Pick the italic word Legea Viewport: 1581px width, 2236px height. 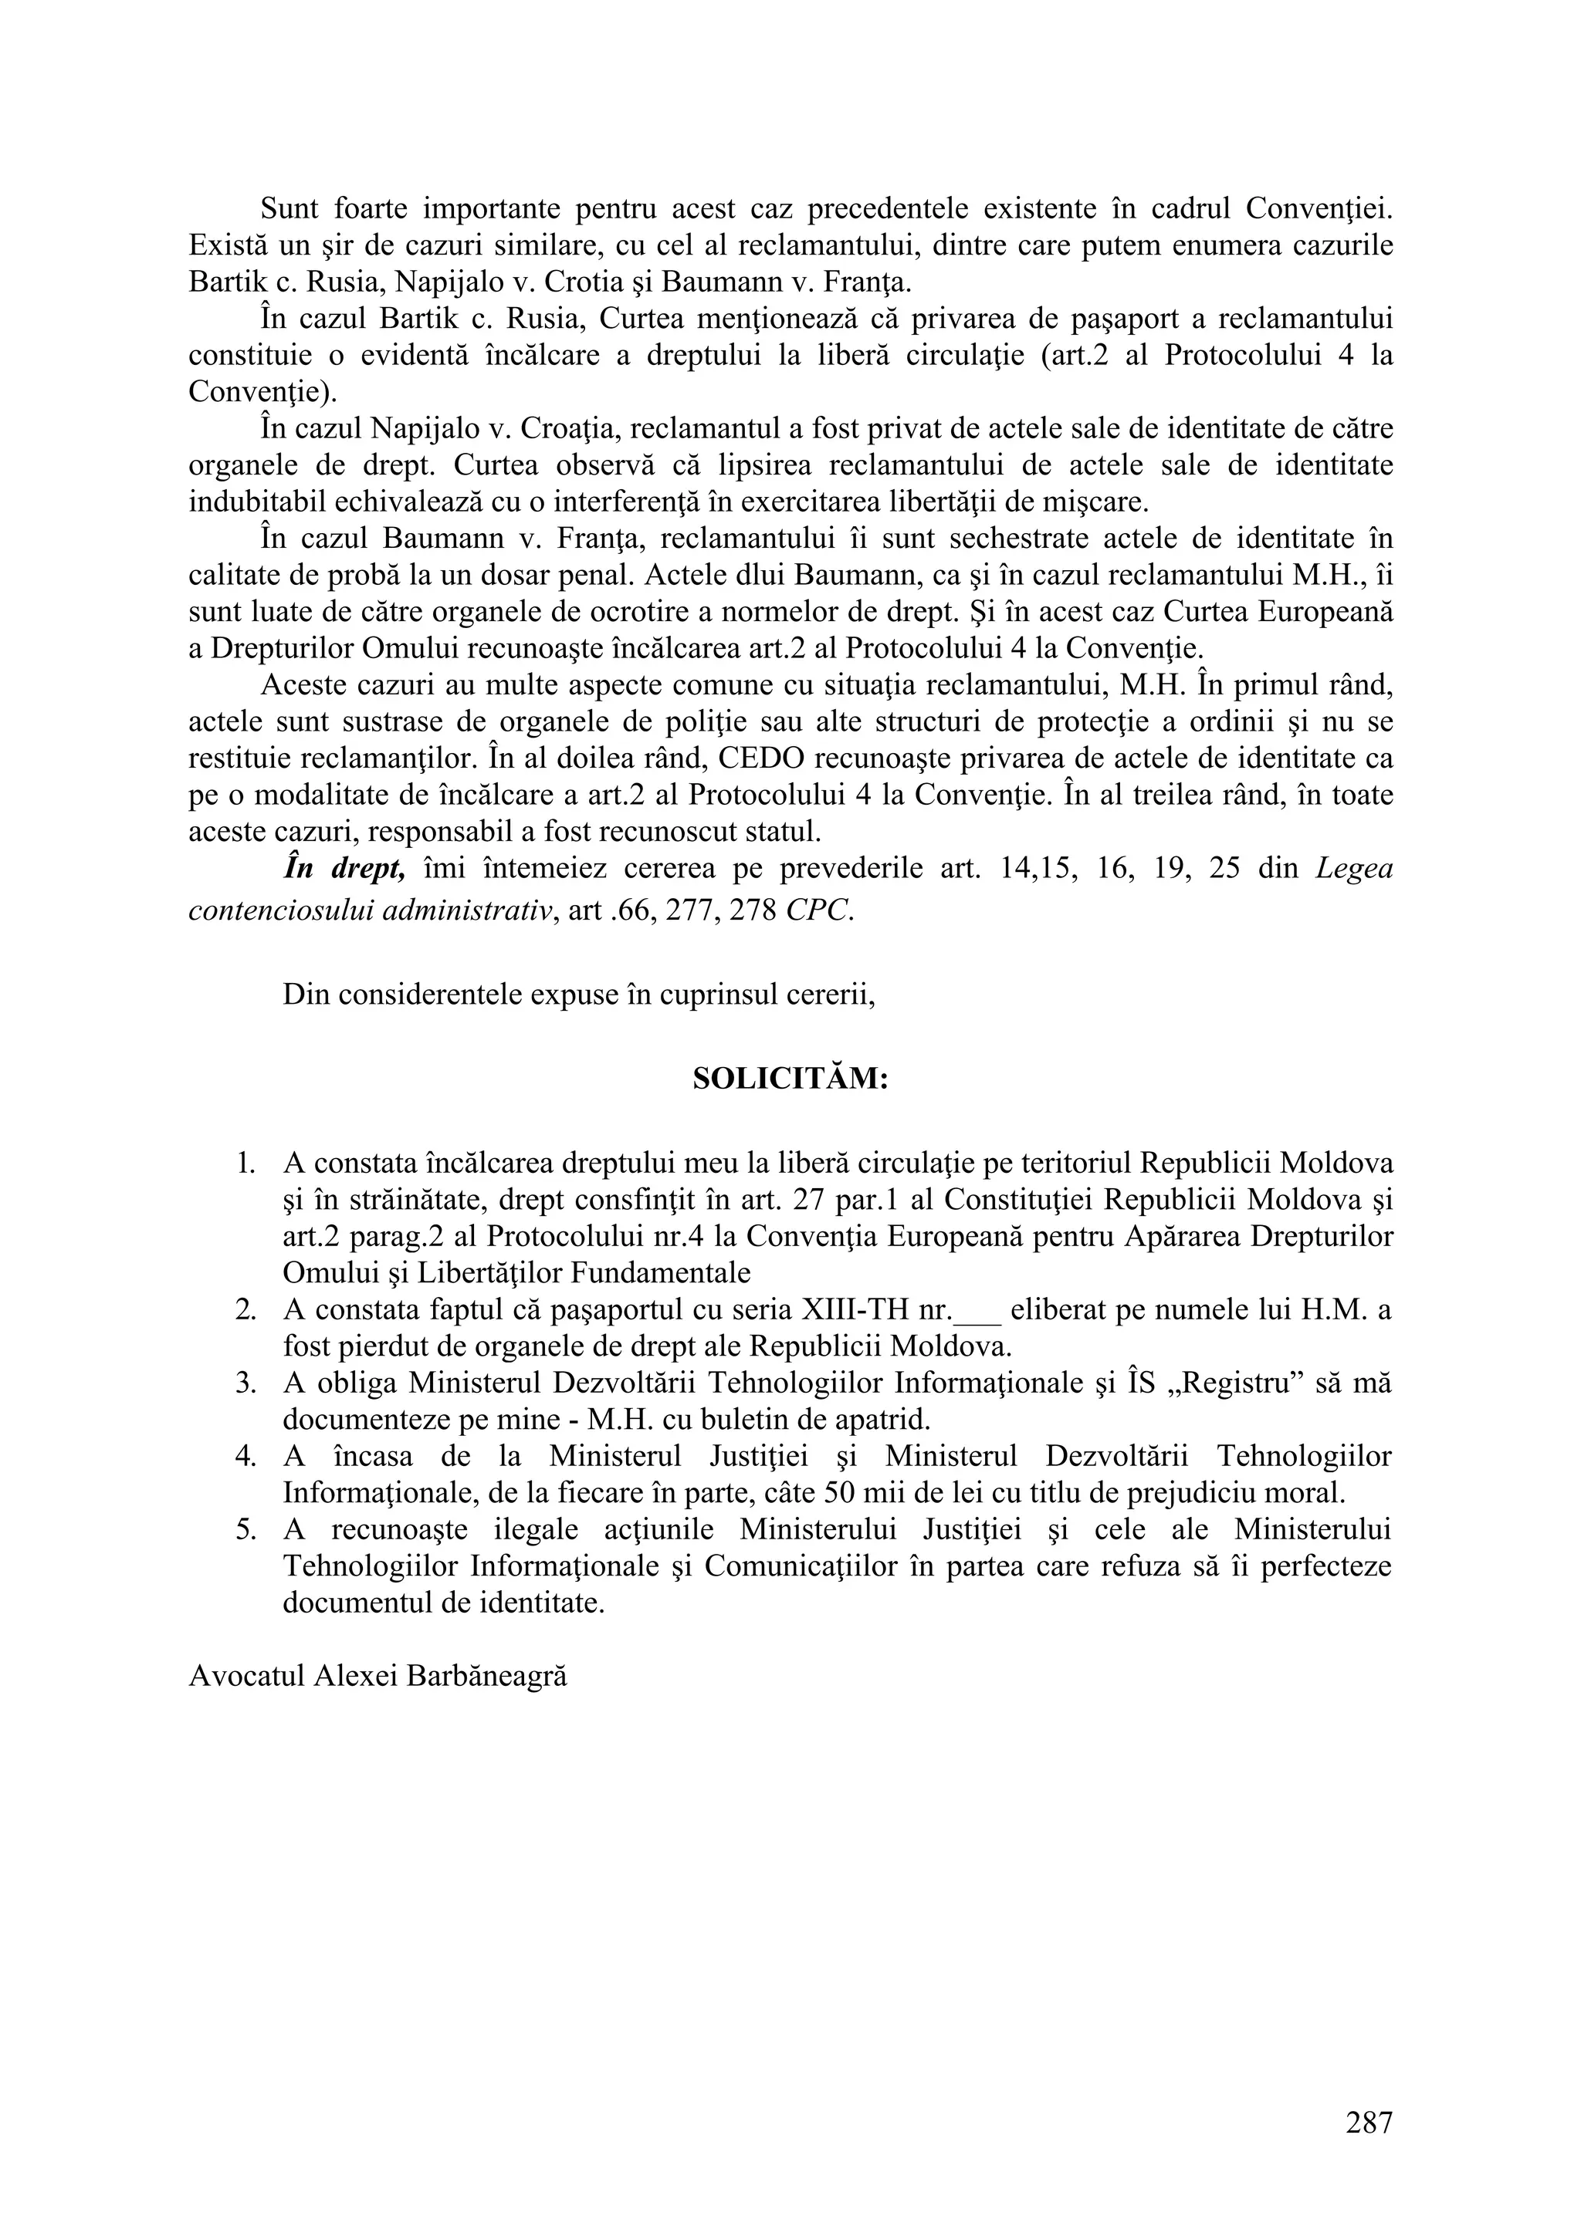[x=1354, y=869]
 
